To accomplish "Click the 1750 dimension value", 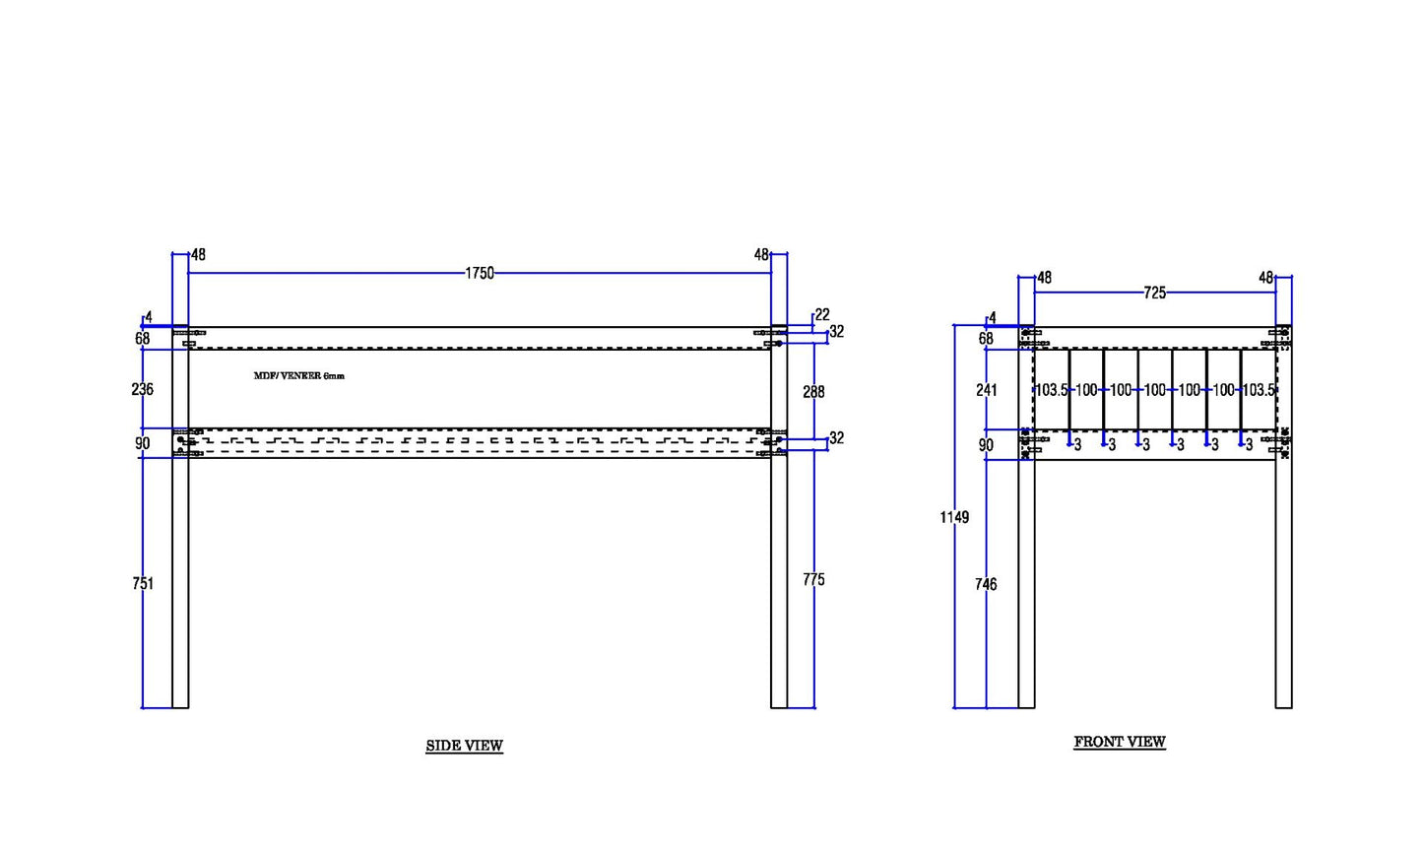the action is pos(480,273).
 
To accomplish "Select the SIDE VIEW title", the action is pos(465,746).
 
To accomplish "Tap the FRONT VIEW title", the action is pos(1120,742).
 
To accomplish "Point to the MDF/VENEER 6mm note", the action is pos(299,375).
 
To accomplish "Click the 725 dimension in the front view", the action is pos(1155,293).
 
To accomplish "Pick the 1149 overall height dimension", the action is pos(955,517).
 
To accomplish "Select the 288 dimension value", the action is pos(813,392).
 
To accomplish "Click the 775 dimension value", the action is pos(813,579).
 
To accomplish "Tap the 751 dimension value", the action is pos(143,583).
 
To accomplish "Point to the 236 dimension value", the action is pos(142,389).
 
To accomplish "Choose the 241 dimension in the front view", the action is pos(987,390).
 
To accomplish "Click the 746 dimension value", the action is pos(986,584).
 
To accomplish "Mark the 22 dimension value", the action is pos(822,314).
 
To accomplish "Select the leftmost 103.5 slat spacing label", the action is pos(1052,390).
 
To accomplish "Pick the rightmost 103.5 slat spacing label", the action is pos(1259,390).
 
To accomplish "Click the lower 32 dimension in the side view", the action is pos(837,438).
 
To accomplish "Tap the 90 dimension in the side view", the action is pos(142,443).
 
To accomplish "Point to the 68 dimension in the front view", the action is pos(986,339).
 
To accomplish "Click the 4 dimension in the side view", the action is pos(149,317).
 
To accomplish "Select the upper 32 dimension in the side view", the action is pos(837,332).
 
